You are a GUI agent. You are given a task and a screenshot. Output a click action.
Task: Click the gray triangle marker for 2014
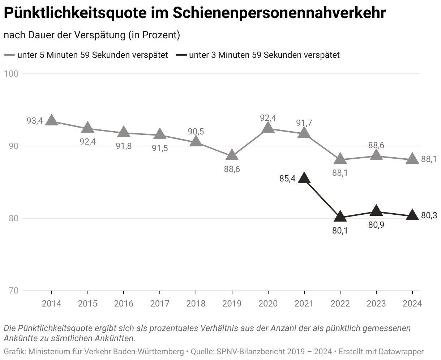click(x=51, y=120)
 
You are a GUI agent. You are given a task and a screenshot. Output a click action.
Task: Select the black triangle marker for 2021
click(x=304, y=178)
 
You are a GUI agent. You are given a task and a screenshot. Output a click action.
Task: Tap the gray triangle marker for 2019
click(x=232, y=155)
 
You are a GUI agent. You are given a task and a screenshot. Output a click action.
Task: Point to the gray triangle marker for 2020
click(x=268, y=128)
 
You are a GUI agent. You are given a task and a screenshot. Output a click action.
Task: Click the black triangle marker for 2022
click(x=340, y=217)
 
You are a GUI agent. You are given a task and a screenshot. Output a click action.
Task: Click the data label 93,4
click(x=35, y=121)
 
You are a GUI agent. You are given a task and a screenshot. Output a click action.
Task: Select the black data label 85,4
click(x=287, y=178)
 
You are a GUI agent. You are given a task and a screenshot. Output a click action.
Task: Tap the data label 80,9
click(x=376, y=225)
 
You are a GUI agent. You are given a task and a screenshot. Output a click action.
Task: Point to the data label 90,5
click(x=196, y=132)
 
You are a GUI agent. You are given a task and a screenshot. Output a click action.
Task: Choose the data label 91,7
click(x=304, y=123)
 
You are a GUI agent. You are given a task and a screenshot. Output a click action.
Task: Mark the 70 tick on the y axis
click(x=13, y=291)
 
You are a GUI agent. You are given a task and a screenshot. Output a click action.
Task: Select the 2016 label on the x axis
click(x=124, y=304)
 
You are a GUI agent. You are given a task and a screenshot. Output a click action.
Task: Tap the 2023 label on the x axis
click(x=376, y=304)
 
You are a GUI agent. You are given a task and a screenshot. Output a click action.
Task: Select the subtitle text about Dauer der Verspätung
click(x=92, y=35)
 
